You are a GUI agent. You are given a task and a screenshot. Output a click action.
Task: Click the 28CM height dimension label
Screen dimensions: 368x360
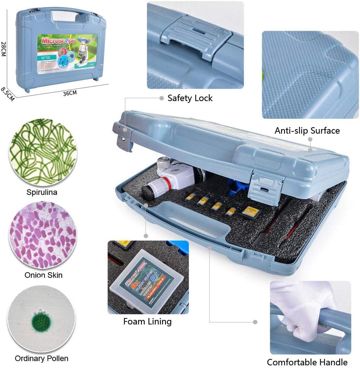(x=4, y=50)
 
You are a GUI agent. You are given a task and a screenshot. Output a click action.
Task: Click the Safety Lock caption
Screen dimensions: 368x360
(x=190, y=98)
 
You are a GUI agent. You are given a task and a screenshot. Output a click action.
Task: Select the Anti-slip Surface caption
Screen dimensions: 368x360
(x=307, y=131)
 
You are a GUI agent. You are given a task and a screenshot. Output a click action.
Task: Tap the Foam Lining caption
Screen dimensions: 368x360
(x=147, y=322)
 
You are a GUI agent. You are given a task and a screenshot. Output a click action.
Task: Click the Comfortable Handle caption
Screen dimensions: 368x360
(x=307, y=362)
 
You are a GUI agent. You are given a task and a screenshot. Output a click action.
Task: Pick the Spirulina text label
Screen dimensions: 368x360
(x=42, y=192)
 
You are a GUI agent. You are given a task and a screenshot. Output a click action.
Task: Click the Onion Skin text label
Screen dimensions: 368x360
(x=43, y=275)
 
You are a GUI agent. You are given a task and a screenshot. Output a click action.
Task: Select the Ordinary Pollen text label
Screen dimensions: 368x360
(x=42, y=358)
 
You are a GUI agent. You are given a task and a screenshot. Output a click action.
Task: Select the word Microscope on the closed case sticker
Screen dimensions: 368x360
(x=59, y=40)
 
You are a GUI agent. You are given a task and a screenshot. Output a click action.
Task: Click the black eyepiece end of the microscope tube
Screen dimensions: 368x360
(x=146, y=192)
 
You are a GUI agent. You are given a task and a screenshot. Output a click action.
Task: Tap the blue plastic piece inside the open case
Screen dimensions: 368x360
(x=237, y=186)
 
